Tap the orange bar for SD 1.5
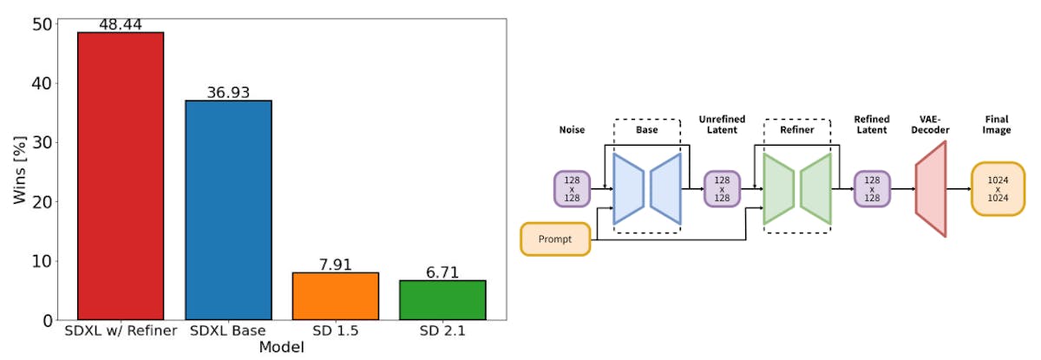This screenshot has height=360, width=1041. [x=335, y=296]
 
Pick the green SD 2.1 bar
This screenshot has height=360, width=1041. [x=442, y=299]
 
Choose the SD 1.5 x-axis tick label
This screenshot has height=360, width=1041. [x=335, y=331]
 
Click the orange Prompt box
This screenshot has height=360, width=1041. [x=555, y=239]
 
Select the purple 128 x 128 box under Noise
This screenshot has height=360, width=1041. [x=572, y=188]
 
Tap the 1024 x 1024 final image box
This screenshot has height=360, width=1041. [x=998, y=188]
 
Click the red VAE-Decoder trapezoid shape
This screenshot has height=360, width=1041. [x=930, y=188]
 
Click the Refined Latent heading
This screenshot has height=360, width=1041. [x=871, y=124]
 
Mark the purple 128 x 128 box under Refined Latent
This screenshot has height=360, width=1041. [x=872, y=188]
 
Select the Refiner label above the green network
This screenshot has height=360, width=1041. [x=796, y=129]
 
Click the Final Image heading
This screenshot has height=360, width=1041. [x=998, y=124]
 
